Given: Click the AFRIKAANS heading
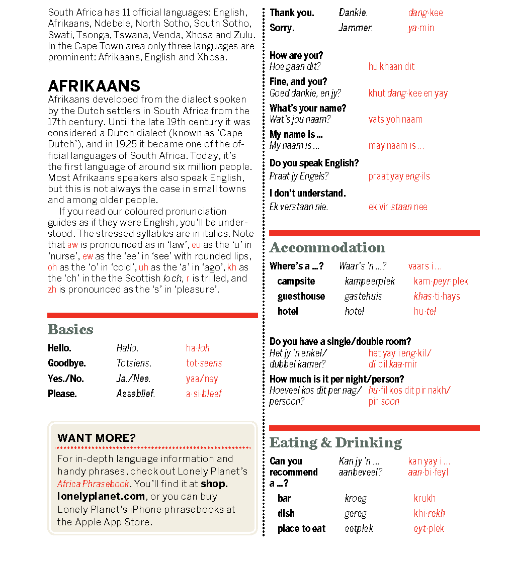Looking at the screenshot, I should [x=94, y=86].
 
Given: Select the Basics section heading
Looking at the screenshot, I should [x=70, y=330].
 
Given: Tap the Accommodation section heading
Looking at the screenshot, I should [x=327, y=248].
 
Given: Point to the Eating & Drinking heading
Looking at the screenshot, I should [x=335, y=443].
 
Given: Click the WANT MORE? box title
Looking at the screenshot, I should [x=97, y=438].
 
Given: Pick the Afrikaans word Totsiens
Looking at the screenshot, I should [x=134, y=363].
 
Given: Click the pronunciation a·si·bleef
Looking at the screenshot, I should [x=204, y=394].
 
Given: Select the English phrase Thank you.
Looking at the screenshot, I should [x=292, y=13].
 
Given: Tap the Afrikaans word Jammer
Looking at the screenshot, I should [x=356, y=28].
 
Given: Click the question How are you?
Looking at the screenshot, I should [x=296, y=55].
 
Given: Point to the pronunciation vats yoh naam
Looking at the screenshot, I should [x=395, y=120].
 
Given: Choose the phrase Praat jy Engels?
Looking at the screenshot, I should [x=299, y=176].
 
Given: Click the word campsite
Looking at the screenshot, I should [x=296, y=282].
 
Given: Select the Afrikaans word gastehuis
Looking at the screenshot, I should [x=363, y=297].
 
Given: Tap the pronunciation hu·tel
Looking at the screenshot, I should [x=425, y=312].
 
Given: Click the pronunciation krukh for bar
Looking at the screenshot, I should [x=425, y=499].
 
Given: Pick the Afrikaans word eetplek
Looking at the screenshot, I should [x=359, y=529].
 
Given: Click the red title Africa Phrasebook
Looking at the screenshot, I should [x=93, y=484].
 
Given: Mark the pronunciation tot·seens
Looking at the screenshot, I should [x=204, y=363].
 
